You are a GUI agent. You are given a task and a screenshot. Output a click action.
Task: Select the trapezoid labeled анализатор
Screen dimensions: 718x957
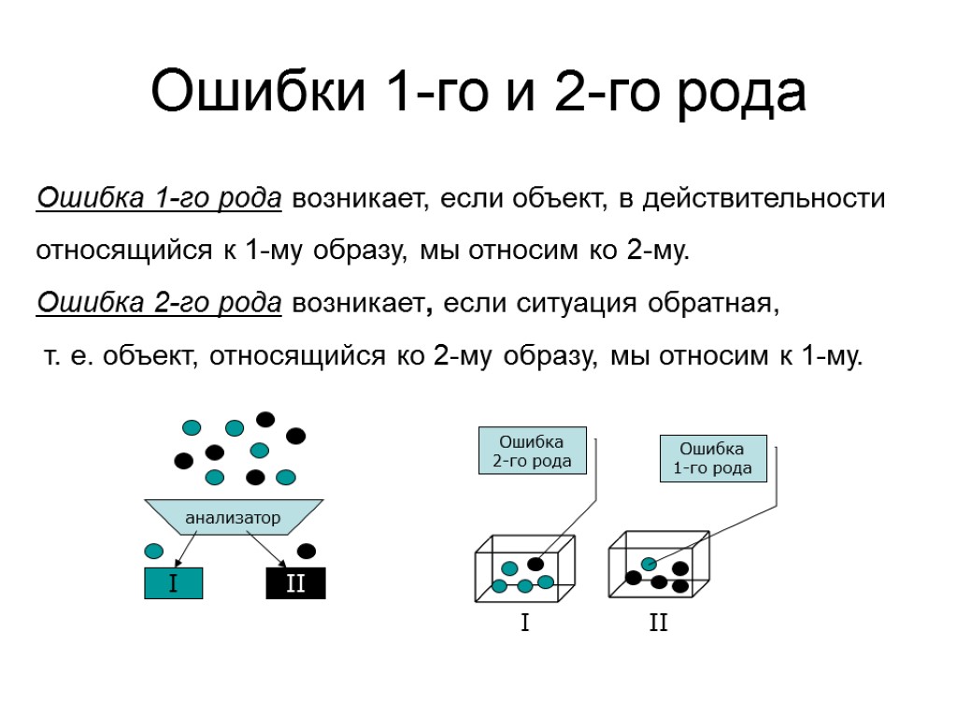[x=233, y=517]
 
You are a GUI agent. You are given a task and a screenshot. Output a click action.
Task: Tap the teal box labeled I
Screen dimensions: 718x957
[x=173, y=584]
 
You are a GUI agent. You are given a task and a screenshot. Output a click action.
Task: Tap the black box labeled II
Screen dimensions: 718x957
[x=295, y=584]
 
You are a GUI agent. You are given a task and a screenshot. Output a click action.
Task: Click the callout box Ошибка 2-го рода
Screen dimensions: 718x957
[x=532, y=452]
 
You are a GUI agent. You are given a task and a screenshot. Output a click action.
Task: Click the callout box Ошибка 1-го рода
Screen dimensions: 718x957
[x=713, y=458]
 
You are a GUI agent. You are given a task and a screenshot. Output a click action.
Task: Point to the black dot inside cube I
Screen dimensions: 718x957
[x=536, y=564]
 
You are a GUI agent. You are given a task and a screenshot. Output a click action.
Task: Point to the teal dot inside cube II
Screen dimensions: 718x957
[x=649, y=564]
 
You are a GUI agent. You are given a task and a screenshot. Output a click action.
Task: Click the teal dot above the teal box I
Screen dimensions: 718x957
[x=154, y=551]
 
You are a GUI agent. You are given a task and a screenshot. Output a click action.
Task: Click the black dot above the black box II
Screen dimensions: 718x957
[x=306, y=551]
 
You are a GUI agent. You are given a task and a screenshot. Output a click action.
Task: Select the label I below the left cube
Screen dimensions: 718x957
[x=524, y=623]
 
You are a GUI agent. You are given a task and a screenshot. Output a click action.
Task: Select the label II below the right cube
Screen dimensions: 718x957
[x=659, y=623]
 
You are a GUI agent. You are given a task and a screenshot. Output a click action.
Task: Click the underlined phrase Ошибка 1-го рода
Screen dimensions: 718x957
[x=159, y=199]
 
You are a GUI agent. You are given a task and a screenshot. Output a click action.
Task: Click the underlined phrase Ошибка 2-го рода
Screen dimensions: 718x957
[x=159, y=303]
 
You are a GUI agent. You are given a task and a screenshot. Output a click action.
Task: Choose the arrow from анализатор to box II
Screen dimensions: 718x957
[x=267, y=549]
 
